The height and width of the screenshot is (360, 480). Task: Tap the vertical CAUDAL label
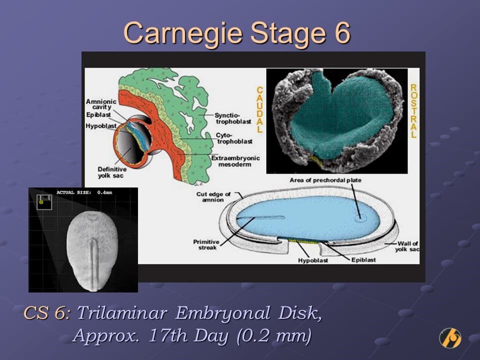click(259, 109)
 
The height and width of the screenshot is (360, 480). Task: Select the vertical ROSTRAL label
click(413, 111)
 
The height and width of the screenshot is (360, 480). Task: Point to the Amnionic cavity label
click(101, 104)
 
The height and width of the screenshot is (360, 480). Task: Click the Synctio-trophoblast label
click(232, 118)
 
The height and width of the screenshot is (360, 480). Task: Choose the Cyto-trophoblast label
click(234, 138)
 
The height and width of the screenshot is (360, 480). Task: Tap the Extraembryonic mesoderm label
click(235, 161)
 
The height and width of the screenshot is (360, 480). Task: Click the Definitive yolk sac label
click(112, 172)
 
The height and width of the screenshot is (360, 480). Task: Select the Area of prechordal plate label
click(325, 180)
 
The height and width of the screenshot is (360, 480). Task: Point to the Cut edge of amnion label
click(213, 197)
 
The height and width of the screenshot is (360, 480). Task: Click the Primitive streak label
click(206, 244)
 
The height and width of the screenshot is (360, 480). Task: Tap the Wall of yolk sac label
click(407, 246)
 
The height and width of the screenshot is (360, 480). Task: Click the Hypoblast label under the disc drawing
click(313, 260)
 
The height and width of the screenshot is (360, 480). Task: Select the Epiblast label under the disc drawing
click(363, 260)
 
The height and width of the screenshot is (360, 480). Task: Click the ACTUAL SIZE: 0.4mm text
click(84, 192)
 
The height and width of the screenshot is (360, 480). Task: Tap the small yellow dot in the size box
click(41, 202)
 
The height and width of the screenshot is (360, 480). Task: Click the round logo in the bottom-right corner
click(450, 338)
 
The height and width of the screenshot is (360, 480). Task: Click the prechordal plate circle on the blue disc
click(360, 218)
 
